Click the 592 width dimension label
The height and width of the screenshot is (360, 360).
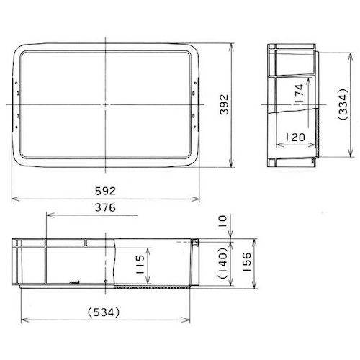pos(105,192)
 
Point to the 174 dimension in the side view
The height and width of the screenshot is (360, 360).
pos(300,92)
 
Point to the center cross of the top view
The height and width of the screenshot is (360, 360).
pos(105,104)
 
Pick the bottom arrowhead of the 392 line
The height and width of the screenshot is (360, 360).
pos(232,165)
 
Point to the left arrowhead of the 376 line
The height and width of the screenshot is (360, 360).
pos(48,215)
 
